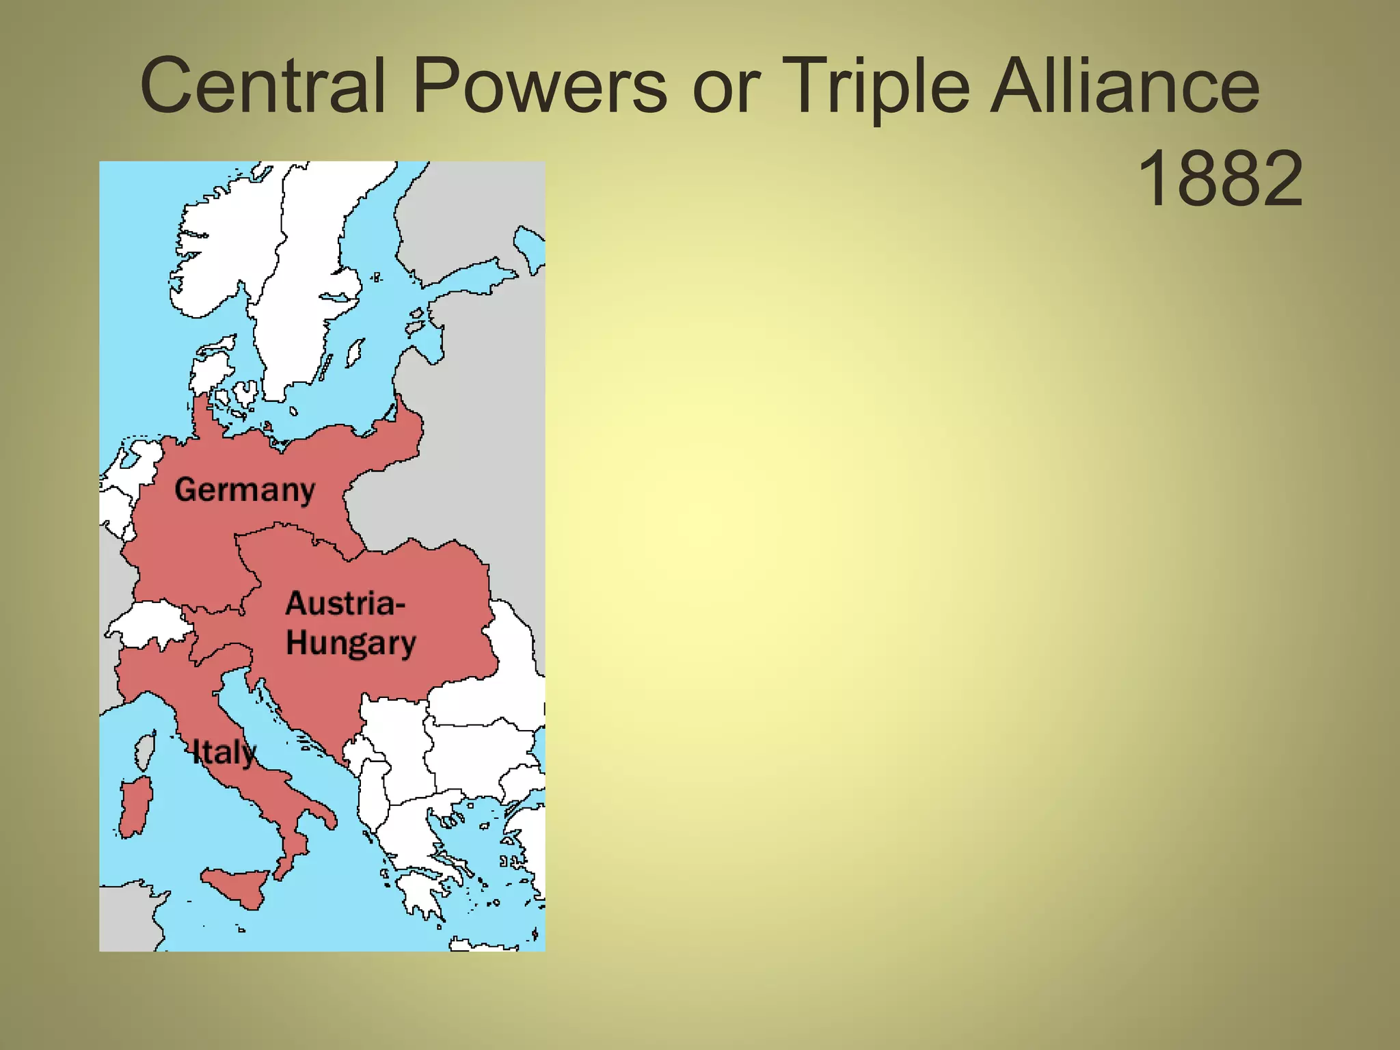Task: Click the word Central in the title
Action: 263,87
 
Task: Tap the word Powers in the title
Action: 540,87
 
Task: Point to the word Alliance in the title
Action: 1125,87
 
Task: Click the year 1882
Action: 1221,179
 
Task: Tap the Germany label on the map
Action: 245,490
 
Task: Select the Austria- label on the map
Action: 345,604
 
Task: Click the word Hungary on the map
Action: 351,643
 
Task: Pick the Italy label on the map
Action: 224,753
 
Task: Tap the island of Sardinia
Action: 135,807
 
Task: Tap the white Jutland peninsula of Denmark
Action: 208,373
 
